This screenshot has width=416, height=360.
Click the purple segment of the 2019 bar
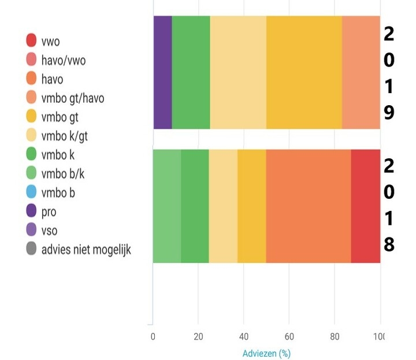[x=162, y=72]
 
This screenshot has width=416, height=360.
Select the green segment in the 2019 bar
[x=191, y=72]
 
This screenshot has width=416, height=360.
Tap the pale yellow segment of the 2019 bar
[x=238, y=72]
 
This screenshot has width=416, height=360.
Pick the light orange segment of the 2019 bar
[x=361, y=72]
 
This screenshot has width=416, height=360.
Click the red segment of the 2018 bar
[x=365, y=206]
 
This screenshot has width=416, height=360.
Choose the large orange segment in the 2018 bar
[x=308, y=206]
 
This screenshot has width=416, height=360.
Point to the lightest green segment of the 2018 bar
[x=167, y=206]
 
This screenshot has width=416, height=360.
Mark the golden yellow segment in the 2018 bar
[x=251, y=206]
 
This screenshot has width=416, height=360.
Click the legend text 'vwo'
[x=50, y=42]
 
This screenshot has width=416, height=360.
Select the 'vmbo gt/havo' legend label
[x=73, y=98]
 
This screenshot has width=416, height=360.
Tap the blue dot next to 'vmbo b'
[x=31, y=193]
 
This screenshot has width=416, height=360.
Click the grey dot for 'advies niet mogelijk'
[x=31, y=250]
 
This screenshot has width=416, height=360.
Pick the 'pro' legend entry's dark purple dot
[x=31, y=211]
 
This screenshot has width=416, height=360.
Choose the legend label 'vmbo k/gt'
[x=65, y=136]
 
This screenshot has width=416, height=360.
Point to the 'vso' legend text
[x=49, y=231]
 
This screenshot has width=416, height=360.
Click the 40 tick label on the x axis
[x=243, y=336]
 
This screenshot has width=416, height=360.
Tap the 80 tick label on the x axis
[x=335, y=336]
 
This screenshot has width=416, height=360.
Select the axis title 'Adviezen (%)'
[x=266, y=352]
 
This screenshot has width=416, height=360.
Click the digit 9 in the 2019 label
[x=389, y=112]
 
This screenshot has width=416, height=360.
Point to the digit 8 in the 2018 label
[x=389, y=245]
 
